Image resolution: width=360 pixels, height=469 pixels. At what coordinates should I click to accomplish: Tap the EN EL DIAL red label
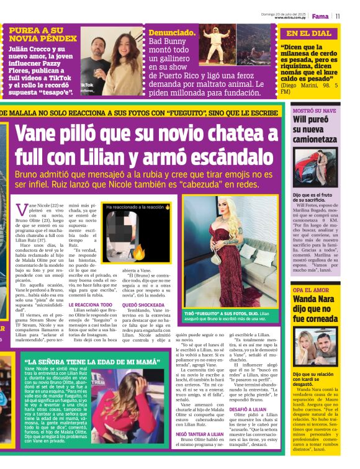(308, 33)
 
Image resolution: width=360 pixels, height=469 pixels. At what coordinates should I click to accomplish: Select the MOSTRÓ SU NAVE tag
(314, 110)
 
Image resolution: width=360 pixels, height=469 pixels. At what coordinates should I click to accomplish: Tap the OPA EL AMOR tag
(310, 290)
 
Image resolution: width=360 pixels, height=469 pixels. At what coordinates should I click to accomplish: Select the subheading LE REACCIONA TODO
(91, 305)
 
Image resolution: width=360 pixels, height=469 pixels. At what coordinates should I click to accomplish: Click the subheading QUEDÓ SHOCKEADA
(143, 305)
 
